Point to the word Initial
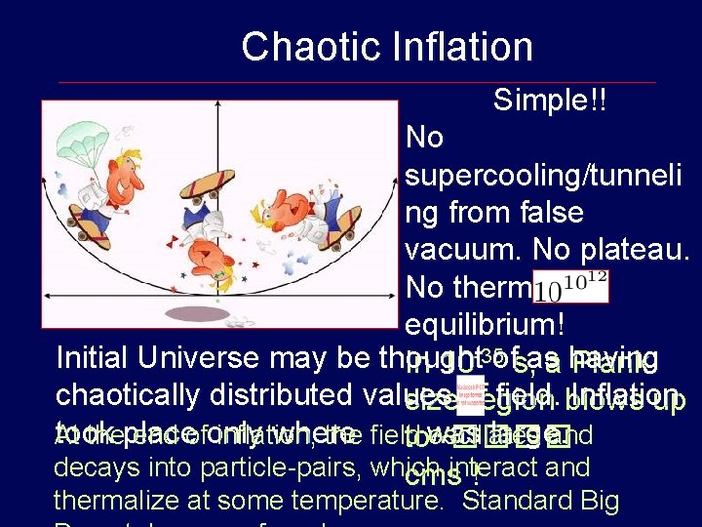pos(95,357)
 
